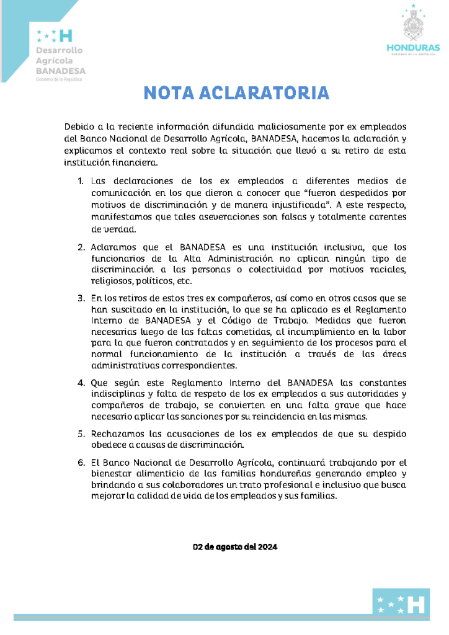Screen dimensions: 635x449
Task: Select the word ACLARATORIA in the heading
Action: [262, 93]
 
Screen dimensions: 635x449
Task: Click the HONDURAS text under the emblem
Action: [413, 48]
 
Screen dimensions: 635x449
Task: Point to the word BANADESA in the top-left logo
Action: [60, 71]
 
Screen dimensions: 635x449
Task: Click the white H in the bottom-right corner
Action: [419, 603]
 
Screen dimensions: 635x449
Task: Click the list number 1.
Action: [81, 181]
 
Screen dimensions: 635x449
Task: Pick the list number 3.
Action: [81, 298]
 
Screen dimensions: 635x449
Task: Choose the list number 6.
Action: [81, 462]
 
